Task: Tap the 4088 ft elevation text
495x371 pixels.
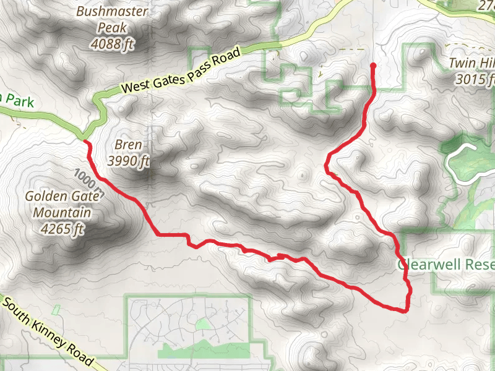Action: [112, 44]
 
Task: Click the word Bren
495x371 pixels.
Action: [129, 146]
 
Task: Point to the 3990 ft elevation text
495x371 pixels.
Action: [129, 161]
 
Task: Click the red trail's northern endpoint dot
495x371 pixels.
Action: [372, 65]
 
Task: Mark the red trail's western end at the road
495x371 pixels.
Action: [85, 142]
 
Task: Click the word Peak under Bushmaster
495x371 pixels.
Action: [112, 28]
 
